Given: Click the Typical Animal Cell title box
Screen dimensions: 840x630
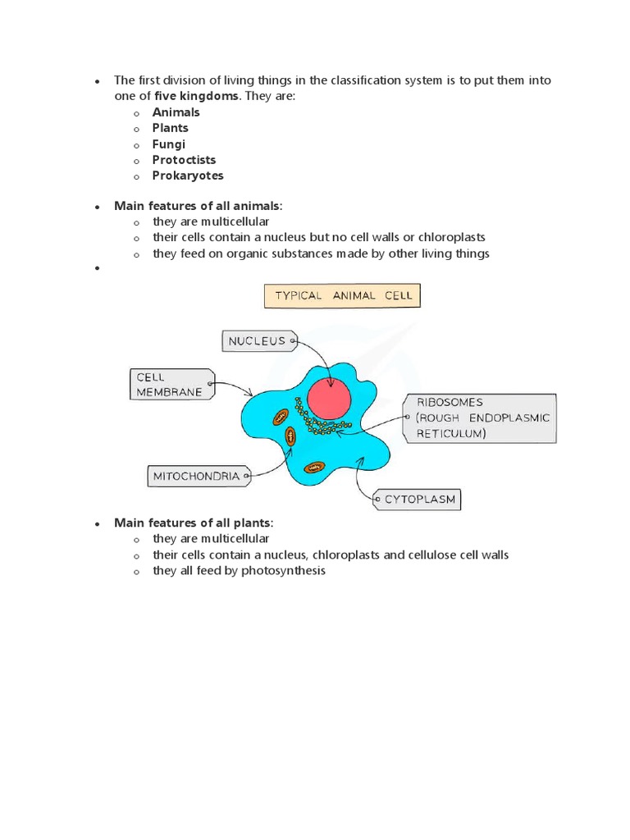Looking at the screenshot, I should coord(341,296).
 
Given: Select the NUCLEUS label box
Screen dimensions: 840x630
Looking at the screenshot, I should coord(257,341).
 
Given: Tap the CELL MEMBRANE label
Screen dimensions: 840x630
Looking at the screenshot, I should coord(169,385).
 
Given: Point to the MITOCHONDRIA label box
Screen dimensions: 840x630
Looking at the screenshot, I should coord(196,476).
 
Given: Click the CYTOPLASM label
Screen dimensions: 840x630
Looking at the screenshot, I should coord(416,499).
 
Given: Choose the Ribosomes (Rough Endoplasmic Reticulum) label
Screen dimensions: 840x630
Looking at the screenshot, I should coord(480,418).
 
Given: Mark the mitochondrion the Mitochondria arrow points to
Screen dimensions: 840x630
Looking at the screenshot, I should coord(290,437).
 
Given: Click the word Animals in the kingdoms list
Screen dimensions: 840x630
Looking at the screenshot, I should coord(176,112).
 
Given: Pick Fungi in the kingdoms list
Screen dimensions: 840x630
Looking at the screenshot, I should coord(169,144).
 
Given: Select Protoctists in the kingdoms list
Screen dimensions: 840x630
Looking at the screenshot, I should coord(184,160).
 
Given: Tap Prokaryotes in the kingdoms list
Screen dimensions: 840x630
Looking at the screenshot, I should coord(188,176).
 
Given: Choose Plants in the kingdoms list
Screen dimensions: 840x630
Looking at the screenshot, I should coord(170,128).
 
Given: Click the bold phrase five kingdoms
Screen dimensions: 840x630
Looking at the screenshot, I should coord(197,96).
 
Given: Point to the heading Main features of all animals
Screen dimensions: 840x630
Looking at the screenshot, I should coord(197,206).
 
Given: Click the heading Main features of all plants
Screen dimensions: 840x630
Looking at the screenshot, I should coord(193,523).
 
